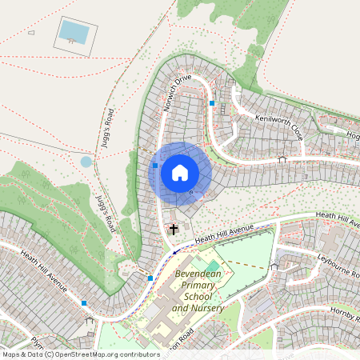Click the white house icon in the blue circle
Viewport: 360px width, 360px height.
click(x=180, y=172)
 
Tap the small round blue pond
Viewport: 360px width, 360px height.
click(x=86, y=162)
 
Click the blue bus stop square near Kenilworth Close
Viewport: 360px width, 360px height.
click(x=212, y=103)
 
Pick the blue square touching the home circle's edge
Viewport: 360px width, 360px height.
click(x=155, y=166)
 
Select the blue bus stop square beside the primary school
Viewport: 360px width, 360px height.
click(x=150, y=278)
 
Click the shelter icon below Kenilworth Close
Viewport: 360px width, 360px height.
click(x=282, y=159)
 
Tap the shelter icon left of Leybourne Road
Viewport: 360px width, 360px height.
click(x=274, y=266)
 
